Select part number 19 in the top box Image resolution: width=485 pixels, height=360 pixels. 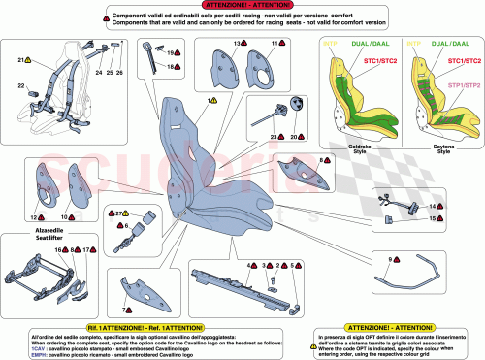[x=168, y=54]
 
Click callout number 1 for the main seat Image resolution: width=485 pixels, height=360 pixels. [x=207, y=101]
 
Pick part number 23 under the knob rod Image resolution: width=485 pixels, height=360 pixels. [x=274, y=137]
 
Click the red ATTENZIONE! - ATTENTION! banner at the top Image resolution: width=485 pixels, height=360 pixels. [x=242, y=7]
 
